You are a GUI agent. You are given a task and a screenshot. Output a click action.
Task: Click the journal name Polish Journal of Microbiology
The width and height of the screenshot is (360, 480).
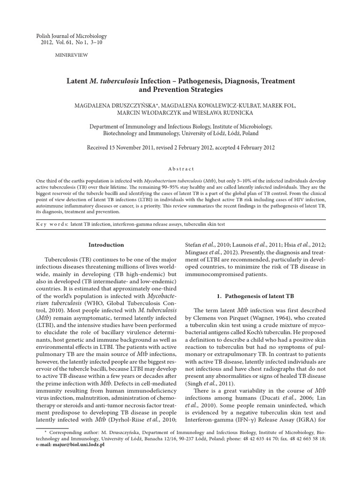(71, 36)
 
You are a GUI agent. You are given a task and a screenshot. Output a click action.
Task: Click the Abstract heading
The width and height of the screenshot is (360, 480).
(180, 169)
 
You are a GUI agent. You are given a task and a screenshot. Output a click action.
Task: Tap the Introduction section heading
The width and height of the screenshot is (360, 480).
(106, 244)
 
